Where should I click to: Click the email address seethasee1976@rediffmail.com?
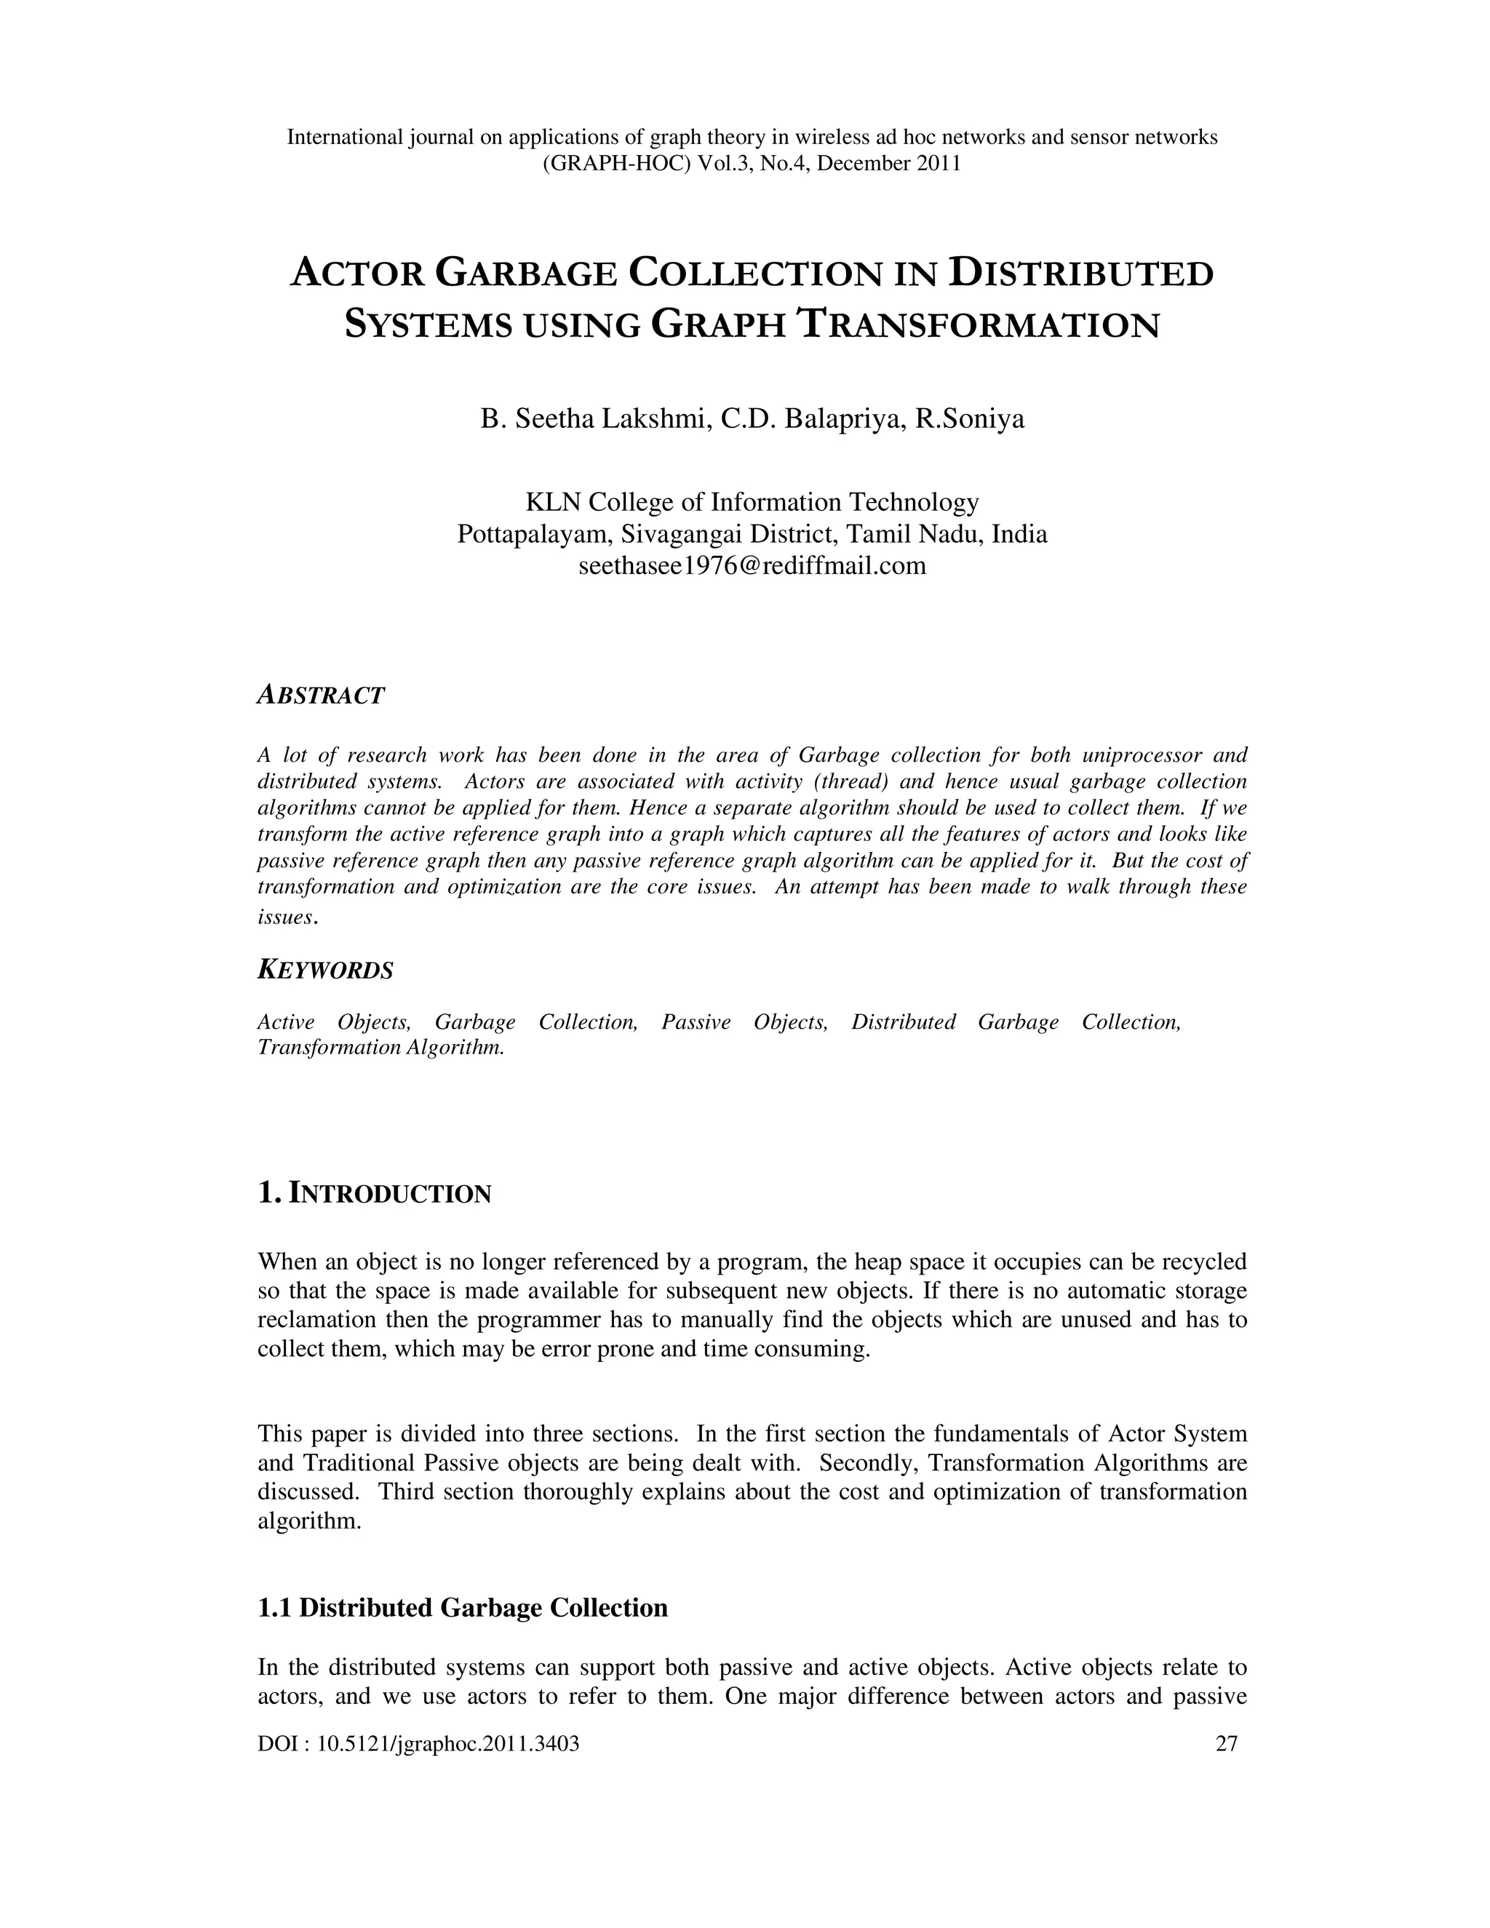pos(752,566)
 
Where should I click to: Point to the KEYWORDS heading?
pos(324,970)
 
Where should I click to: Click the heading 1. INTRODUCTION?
pos(374,1195)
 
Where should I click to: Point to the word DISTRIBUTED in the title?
pos(1081,273)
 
